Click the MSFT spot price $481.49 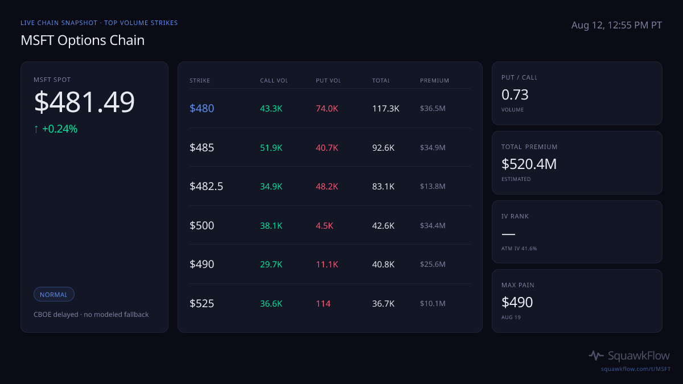click(x=84, y=102)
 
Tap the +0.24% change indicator click(x=56, y=129)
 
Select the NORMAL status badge click(x=54, y=295)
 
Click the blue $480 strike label click(x=201, y=108)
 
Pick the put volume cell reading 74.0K click(x=327, y=109)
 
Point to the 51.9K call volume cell click(x=271, y=148)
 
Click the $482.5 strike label click(x=206, y=186)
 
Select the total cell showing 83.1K click(x=383, y=187)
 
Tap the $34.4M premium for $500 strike click(x=433, y=225)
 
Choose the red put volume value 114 click(x=323, y=304)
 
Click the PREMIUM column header click(x=434, y=80)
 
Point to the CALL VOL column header click(x=274, y=80)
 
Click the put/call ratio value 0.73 click(x=515, y=95)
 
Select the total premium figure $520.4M click(x=529, y=164)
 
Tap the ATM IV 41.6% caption click(x=519, y=249)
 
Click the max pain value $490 click(x=517, y=302)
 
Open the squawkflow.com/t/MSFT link click(x=636, y=369)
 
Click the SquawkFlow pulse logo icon click(x=596, y=356)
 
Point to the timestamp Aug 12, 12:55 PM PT click(x=616, y=25)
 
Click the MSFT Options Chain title click(x=83, y=40)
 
